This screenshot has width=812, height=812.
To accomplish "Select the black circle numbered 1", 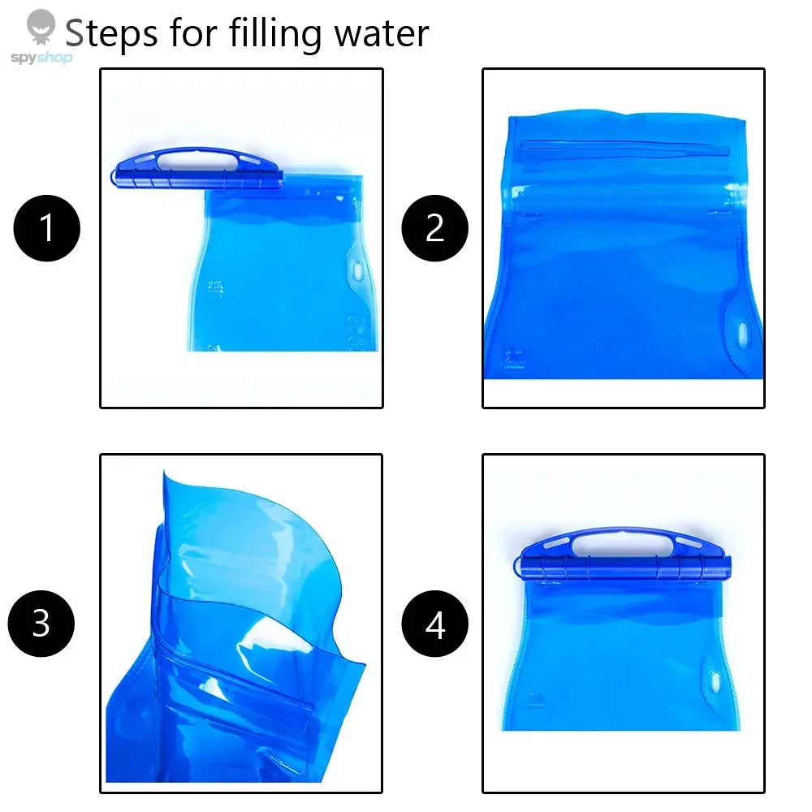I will pos(47,228).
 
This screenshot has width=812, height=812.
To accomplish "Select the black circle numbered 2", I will pos(435,228).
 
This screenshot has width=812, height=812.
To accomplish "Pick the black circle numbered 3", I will pos(41,624).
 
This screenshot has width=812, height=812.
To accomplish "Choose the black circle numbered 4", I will pos(435,624).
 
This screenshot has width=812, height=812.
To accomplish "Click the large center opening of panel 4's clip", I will pos(621,542).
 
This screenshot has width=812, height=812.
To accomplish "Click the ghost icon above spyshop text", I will pos(40,25).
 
